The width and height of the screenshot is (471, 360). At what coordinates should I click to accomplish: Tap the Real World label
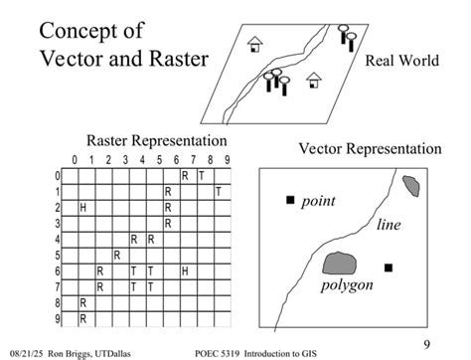point(402,61)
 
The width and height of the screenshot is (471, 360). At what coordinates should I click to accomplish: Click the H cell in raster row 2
point(83,207)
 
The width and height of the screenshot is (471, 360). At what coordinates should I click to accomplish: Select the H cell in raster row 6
point(184,270)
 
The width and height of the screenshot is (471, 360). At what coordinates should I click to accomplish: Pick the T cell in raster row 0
point(201,175)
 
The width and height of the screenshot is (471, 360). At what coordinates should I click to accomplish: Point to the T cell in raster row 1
point(218,191)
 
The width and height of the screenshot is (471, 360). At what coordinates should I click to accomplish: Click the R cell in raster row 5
point(117,255)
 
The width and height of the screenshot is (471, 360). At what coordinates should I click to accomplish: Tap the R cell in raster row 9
point(83,318)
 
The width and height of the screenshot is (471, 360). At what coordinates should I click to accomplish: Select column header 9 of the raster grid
point(226,160)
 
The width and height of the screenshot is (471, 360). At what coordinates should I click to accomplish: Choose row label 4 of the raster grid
point(58,239)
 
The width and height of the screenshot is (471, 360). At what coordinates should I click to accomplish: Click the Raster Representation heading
point(157,140)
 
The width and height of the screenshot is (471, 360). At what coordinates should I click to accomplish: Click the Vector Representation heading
point(370,149)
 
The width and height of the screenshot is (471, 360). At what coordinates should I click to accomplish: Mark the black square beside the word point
point(290,202)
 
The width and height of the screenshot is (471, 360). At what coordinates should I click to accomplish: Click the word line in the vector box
point(389,226)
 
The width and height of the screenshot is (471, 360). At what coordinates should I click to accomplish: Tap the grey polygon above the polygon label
point(340,263)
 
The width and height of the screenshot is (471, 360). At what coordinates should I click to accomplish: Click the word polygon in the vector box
point(346,286)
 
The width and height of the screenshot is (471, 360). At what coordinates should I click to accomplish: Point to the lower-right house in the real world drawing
point(314,81)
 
